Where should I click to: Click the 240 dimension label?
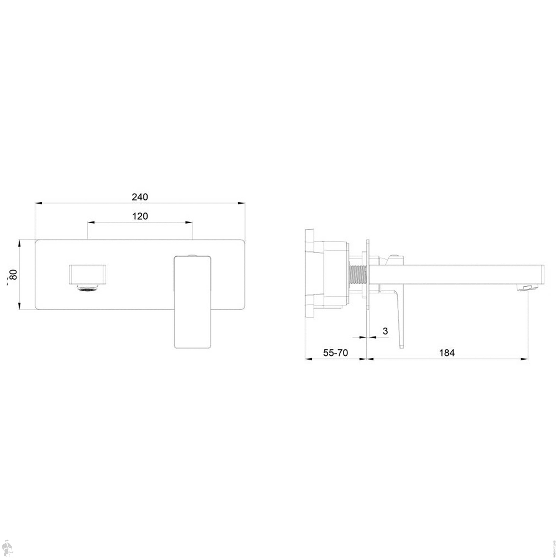tap(140, 197)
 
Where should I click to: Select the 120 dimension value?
tap(140, 216)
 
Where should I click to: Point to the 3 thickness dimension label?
tap(385, 331)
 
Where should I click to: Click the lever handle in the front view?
tap(192, 302)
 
